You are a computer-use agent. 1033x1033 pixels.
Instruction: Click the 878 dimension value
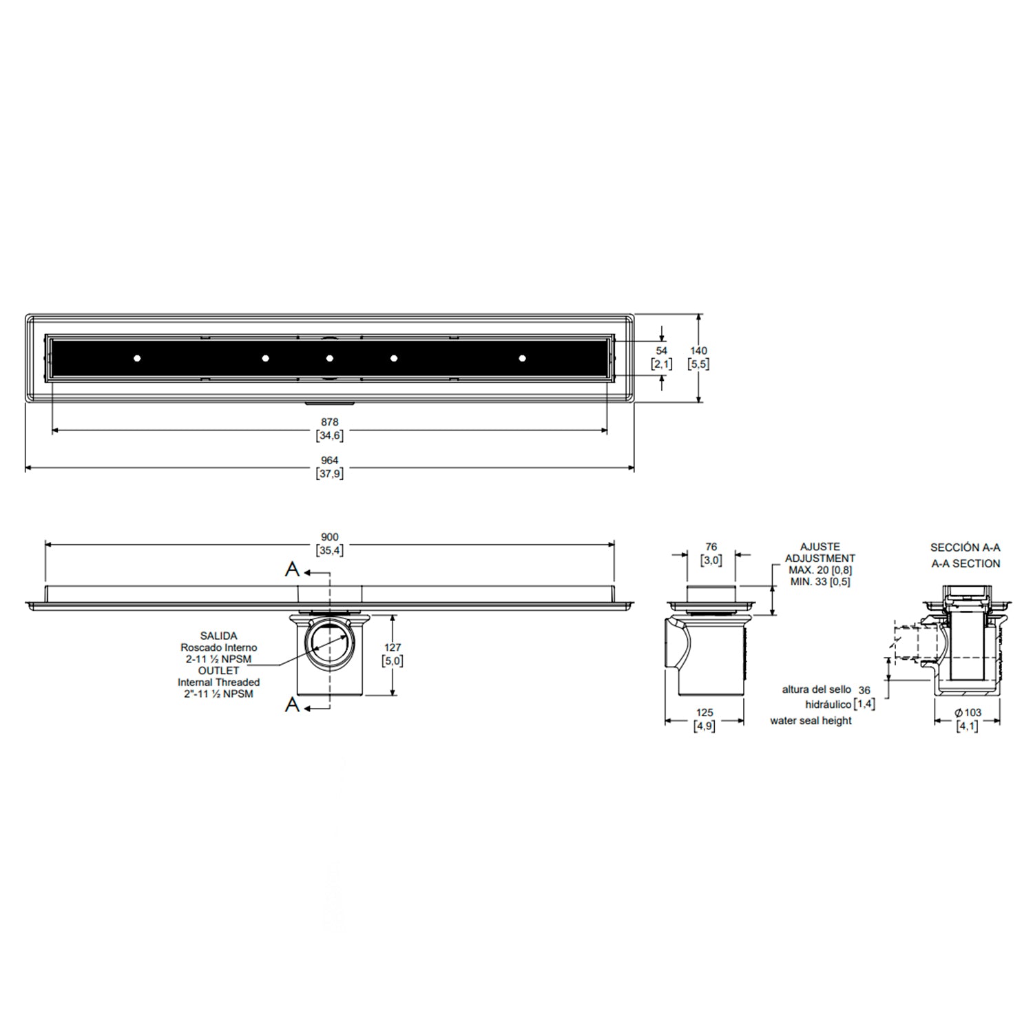click(330, 422)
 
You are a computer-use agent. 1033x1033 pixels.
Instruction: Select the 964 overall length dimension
click(330, 461)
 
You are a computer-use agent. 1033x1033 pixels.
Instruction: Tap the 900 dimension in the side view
click(330, 537)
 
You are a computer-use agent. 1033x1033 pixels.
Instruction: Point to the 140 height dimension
click(698, 351)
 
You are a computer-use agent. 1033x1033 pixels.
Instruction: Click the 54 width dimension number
click(662, 351)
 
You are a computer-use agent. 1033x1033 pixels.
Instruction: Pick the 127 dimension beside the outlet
click(393, 648)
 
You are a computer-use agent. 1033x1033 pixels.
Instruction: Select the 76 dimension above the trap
click(711, 547)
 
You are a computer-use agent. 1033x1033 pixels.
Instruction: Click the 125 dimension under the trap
click(705, 713)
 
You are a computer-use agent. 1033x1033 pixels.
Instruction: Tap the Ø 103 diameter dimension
click(968, 713)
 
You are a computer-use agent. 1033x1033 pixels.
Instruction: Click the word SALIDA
click(219, 636)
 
